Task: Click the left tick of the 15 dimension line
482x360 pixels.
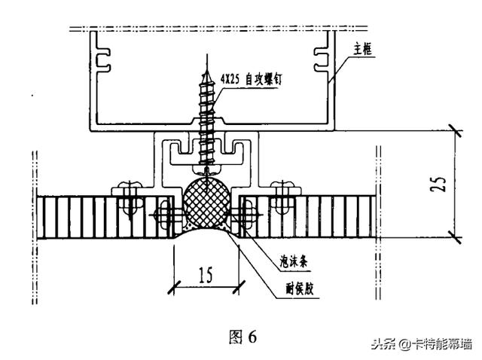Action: point(174,285)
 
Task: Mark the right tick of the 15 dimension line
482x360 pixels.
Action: point(239,285)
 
